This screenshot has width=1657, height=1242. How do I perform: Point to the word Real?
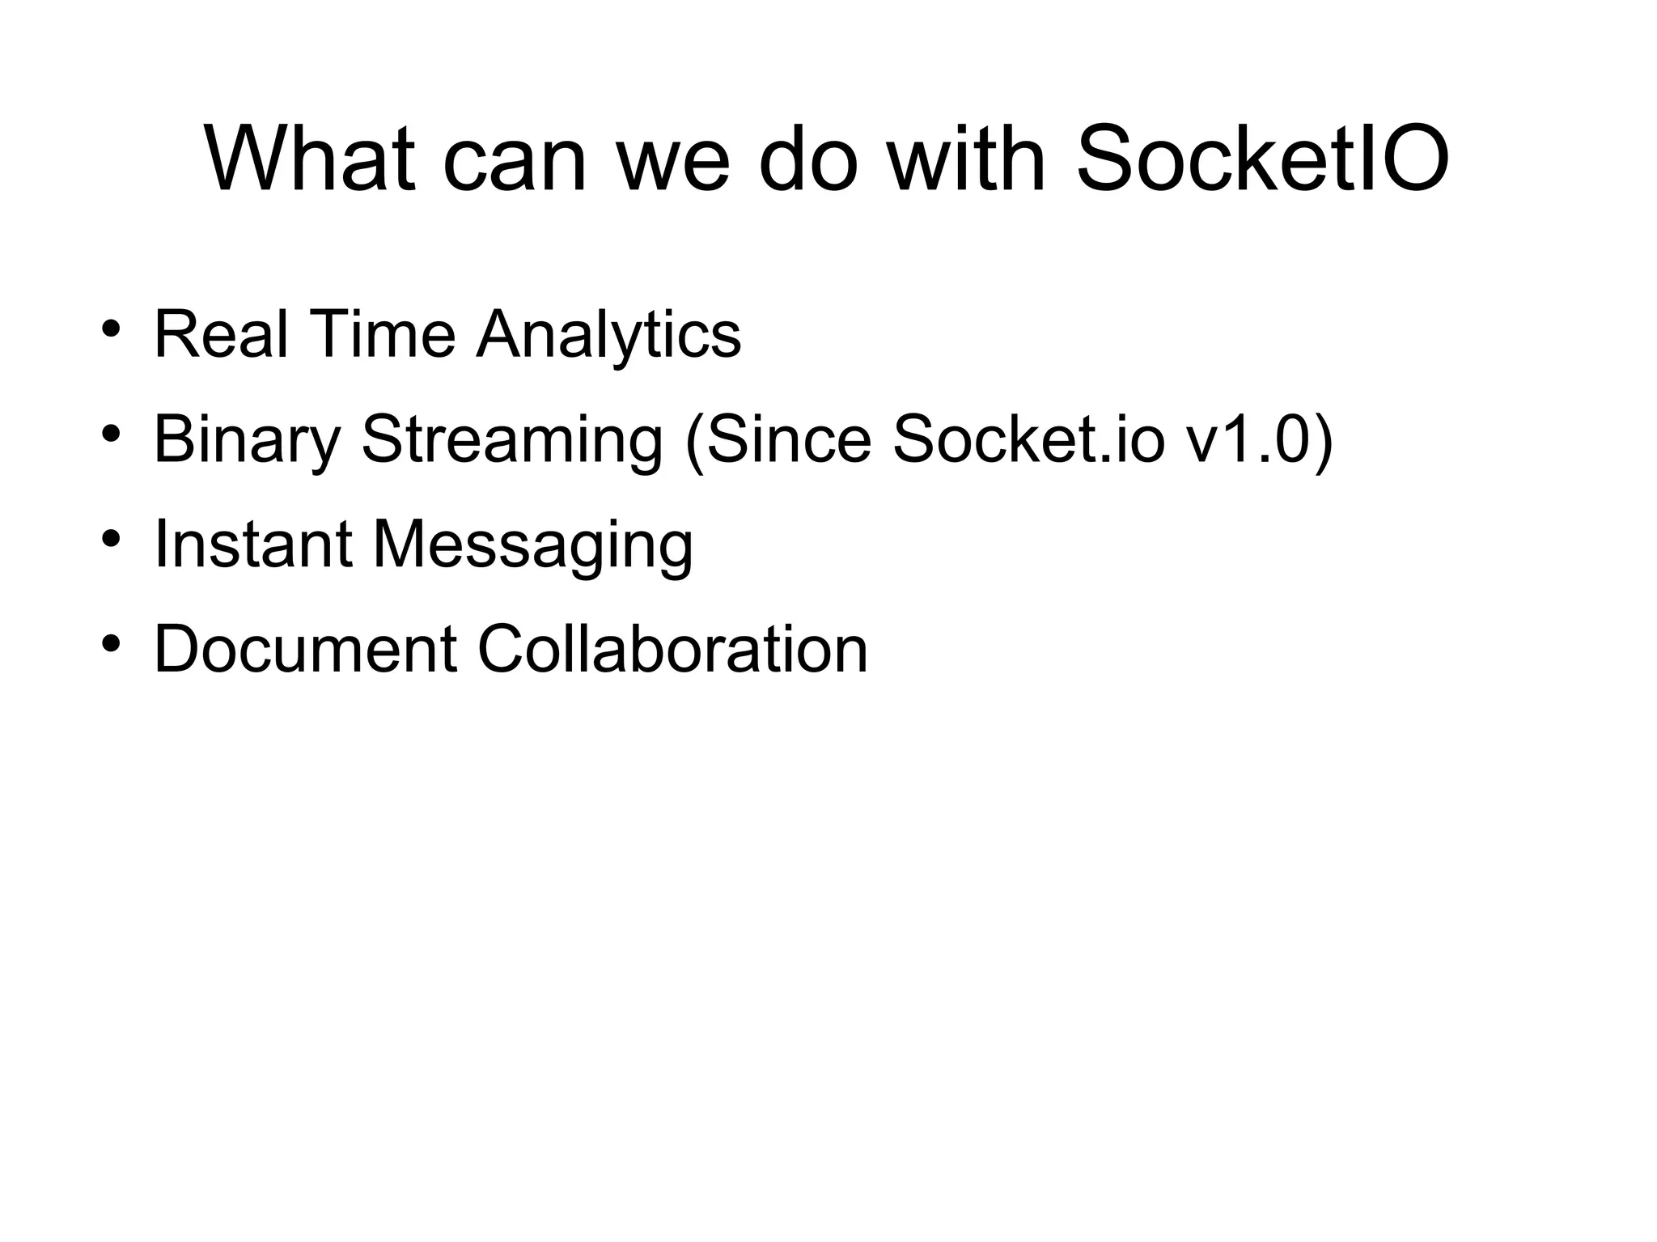[220, 334]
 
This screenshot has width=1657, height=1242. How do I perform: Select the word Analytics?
[608, 336]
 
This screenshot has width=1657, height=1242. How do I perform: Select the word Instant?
[252, 545]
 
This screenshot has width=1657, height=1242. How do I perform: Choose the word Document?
[305, 649]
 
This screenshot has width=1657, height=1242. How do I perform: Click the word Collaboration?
[672, 649]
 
